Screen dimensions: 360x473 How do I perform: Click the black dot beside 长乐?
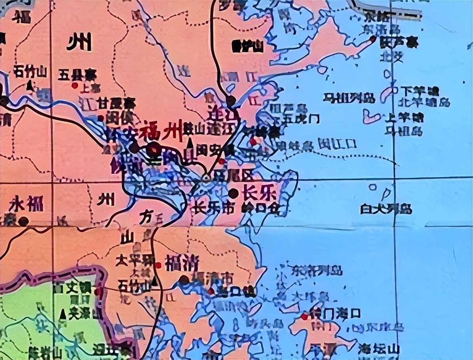(x=233, y=193)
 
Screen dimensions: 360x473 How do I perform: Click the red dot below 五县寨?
(x=75, y=85)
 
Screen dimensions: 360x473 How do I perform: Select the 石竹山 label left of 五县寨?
(x=30, y=72)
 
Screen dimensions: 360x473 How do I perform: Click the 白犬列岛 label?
(x=386, y=209)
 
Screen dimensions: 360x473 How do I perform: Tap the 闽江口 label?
(x=337, y=143)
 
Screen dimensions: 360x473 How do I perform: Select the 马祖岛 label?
(x=403, y=131)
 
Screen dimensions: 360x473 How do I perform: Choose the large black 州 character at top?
(x=79, y=41)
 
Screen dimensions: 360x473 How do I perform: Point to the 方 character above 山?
(x=145, y=218)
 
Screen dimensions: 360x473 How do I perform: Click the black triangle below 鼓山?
(x=190, y=143)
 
